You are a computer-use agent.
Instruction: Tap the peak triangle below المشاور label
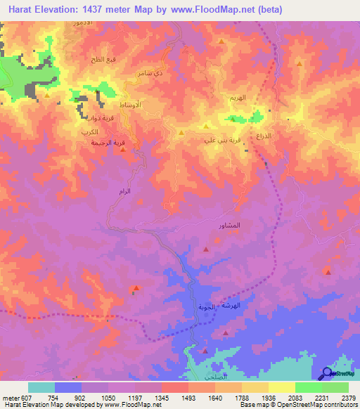[x=205, y=249]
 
